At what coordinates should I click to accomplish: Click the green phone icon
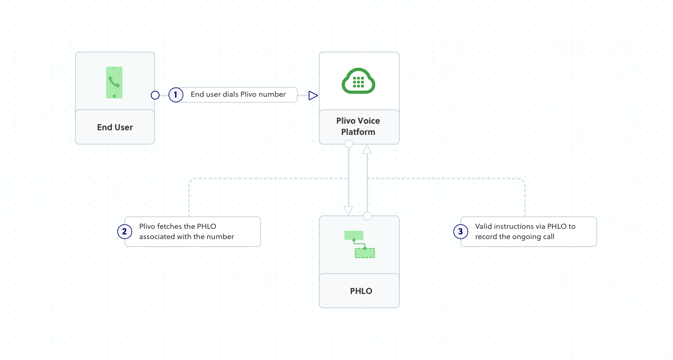click(x=114, y=82)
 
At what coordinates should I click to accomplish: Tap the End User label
click(x=115, y=127)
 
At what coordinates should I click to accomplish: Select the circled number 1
click(x=175, y=95)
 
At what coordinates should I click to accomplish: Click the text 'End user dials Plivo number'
click(x=238, y=94)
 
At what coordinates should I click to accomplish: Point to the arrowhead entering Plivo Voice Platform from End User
click(x=313, y=95)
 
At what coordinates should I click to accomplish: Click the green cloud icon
click(x=358, y=82)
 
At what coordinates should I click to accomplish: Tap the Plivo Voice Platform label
click(x=358, y=127)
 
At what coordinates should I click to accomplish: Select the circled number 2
click(x=124, y=232)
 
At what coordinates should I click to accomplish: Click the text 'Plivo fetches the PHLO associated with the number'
click(x=186, y=232)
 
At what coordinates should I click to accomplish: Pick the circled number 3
click(x=461, y=232)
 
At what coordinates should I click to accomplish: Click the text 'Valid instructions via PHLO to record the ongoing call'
click(x=525, y=232)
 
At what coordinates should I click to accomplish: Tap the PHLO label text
click(x=361, y=291)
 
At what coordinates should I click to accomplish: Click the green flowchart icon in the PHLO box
click(x=359, y=244)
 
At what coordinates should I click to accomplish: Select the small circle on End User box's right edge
click(x=155, y=95)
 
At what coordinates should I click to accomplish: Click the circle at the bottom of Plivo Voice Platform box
click(x=349, y=144)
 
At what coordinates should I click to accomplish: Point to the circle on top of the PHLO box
click(x=367, y=216)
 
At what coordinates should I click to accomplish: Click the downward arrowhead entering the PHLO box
click(x=349, y=211)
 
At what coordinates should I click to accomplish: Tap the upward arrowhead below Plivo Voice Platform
click(x=367, y=149)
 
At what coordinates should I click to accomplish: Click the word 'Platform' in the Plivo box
click(x=358, y=132)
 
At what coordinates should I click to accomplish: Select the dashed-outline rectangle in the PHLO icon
click(x=365, y=253)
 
